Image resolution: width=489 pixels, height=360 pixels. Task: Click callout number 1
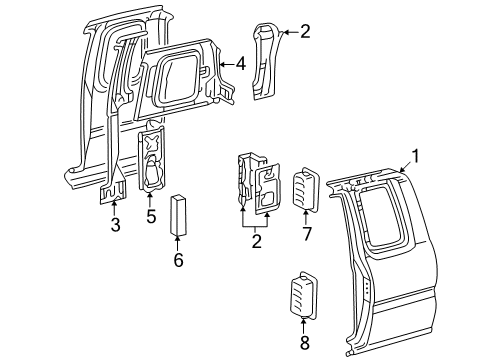tap(415, 156)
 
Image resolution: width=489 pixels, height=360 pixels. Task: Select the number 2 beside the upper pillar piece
tap(305, 32)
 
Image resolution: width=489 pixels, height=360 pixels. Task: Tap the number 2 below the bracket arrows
tap(256, 241)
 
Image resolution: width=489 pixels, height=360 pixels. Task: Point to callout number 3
tap(115, 225)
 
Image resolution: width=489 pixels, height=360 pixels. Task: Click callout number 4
tap(240, 64)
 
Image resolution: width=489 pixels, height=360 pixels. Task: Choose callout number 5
tap(151, 217)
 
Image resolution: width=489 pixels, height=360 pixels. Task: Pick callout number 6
tap(179, 260)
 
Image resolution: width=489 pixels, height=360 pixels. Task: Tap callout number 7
tap(307, 234)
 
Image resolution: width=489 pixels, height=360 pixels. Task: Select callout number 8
tap(305, 343)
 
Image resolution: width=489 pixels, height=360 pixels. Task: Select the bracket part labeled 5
tap(151, 160)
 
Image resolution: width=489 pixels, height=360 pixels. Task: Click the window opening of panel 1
tap(383, 218)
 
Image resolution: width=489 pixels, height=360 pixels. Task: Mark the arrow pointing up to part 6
tap(178, 243)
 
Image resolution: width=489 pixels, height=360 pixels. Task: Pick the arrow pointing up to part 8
tap(303, 327)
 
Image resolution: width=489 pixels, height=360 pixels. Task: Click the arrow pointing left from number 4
tap(227, 64)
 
